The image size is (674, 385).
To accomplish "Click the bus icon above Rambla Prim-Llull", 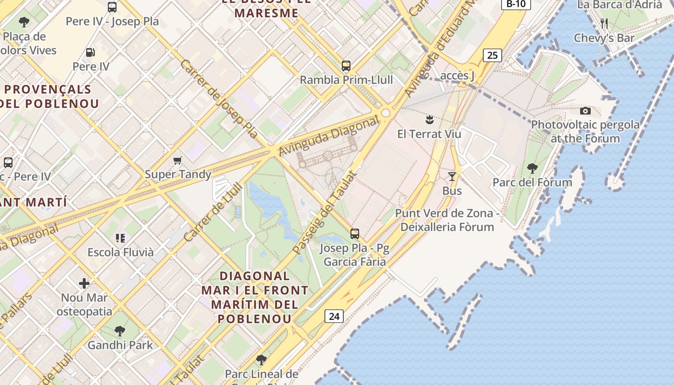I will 346,66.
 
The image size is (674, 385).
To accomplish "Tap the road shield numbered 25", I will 492,55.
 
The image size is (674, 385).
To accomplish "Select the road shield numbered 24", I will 334,316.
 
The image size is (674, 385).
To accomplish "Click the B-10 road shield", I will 516,4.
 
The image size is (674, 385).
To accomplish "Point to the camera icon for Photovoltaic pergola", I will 585,111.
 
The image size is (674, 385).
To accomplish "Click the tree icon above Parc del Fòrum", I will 532,168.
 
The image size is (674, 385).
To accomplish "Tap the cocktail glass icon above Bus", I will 452,177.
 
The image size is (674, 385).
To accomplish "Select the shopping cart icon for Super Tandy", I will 178,160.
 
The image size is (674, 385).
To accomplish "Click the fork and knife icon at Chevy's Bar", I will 604,23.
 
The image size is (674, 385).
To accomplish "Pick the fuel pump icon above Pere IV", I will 90,52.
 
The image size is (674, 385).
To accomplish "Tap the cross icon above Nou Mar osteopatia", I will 84,283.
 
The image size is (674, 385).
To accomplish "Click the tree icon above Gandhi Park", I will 120,331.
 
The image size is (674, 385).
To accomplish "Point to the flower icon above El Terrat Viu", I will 429,120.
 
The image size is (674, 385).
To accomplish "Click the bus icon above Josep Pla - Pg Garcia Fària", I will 355,234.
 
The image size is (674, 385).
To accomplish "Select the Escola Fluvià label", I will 120,252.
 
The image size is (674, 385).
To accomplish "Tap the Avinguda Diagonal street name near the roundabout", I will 329,137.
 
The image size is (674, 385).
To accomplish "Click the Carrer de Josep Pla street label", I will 219,99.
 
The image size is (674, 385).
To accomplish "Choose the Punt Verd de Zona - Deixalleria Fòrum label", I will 447,220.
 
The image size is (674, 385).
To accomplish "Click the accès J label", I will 457,76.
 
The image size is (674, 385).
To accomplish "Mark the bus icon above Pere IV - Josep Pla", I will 112,7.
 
